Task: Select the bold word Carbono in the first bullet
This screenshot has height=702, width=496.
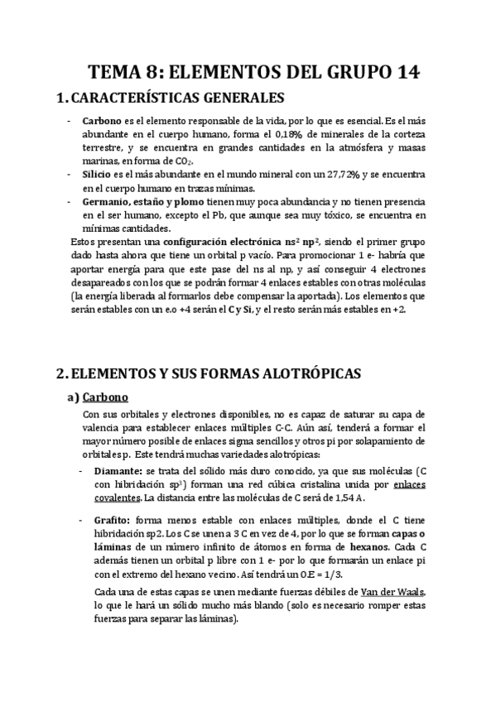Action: pos(101,121)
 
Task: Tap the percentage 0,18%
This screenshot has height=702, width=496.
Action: pos(310,135)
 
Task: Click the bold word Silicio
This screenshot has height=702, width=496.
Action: pos(98,175)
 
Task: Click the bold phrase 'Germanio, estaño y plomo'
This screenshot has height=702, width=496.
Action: pos(144,202)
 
